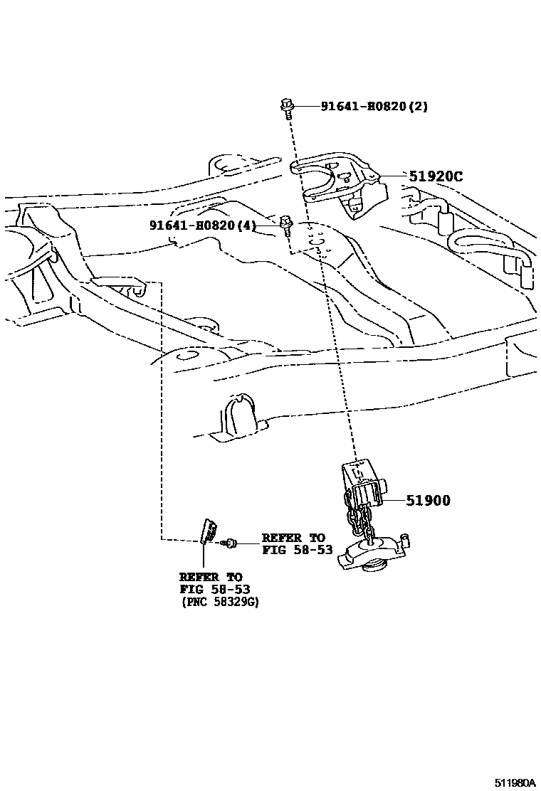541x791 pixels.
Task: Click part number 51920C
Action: click(x=435, y=176)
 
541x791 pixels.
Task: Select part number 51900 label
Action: click(x=428, y=501)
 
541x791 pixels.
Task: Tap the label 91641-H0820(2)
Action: click(x=374, y=107)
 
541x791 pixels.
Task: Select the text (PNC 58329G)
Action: click(x=219, y=602)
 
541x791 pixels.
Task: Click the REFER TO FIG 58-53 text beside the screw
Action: click(x=297, y=543)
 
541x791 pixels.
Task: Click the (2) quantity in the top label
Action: click(x=419, y=107)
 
